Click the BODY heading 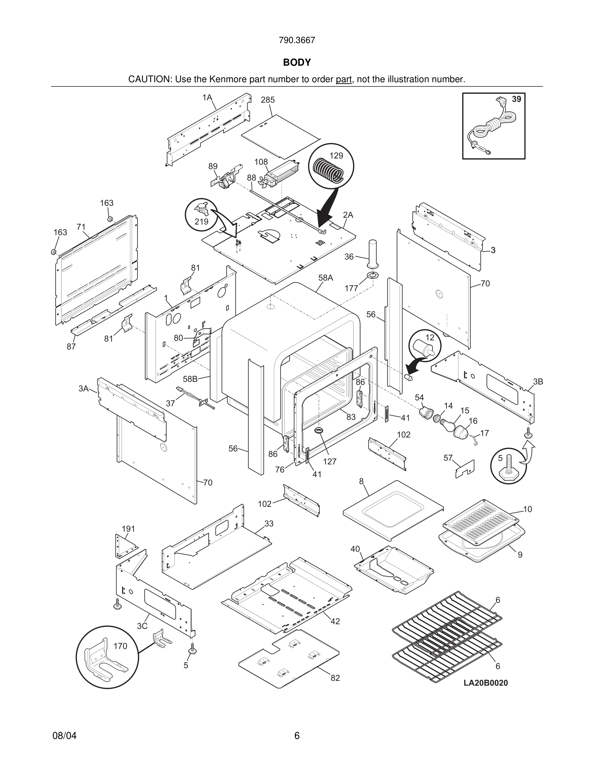(297, 62)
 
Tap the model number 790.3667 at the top (297, 40)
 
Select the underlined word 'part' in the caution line (344, 79)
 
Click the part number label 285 (268, 100)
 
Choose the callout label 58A (325, 278)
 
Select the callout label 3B (538, 382)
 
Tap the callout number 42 (335, 621)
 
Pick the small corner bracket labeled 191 (124, 545)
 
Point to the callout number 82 (335, 678)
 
